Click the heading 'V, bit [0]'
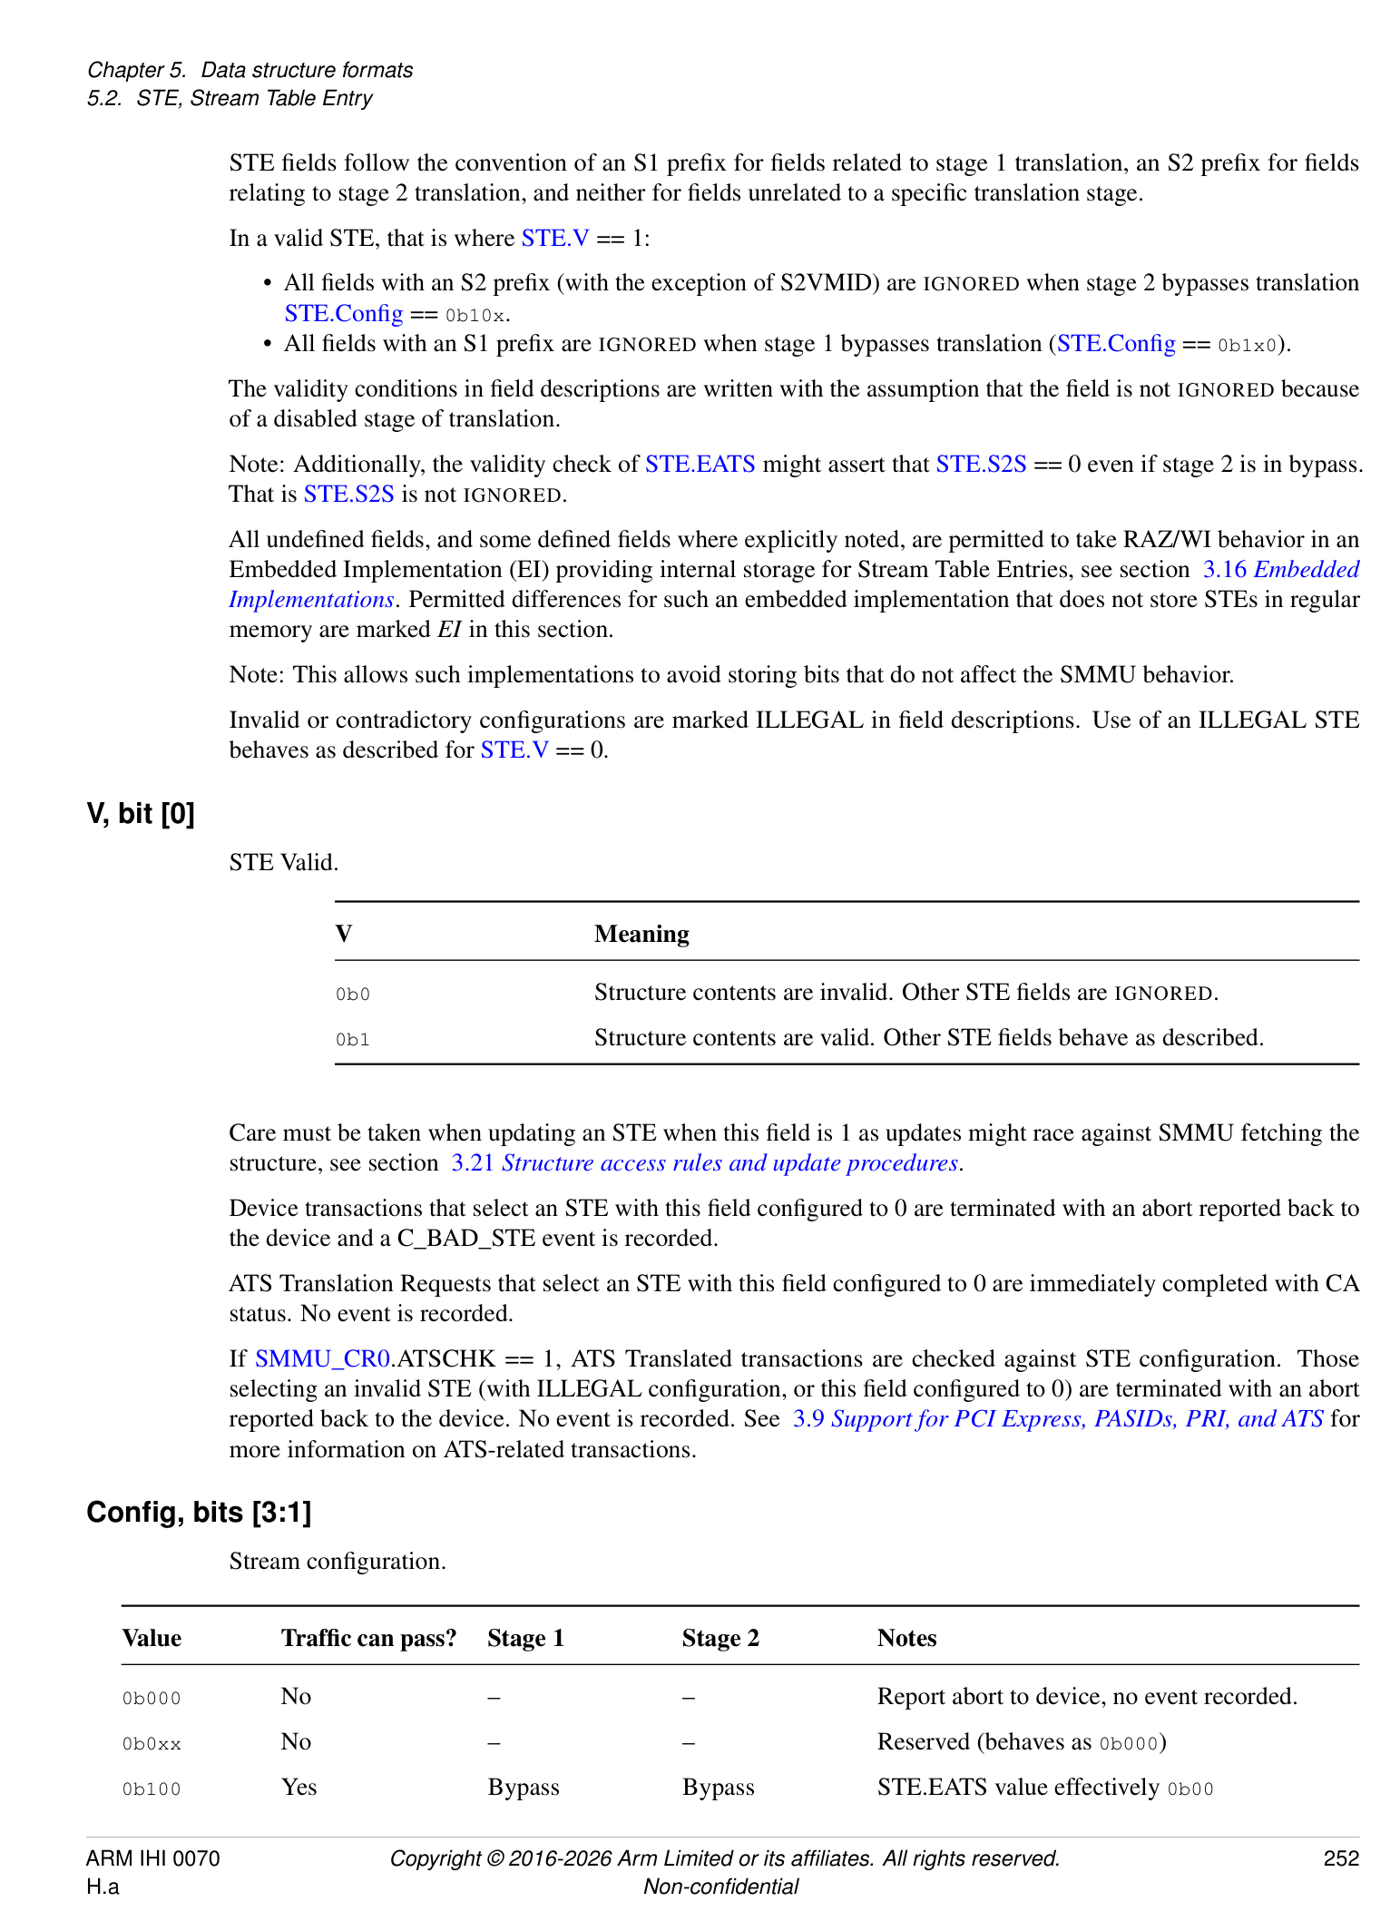[141, 813]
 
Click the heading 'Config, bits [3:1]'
[199, 1512]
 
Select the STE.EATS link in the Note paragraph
[700, 465]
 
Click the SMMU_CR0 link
[322, 1358]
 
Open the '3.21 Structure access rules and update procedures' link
[707, 1163]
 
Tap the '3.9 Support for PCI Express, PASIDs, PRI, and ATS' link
[1057, 1418]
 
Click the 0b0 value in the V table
[352, 994]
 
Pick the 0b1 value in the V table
[352, 1039]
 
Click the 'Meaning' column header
[641, 934]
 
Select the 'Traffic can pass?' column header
[368, 1638]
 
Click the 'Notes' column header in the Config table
[906, 1638]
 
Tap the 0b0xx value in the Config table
[152, 1743]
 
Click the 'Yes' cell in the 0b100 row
[299, 1787]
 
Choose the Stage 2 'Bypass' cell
[718, 1787]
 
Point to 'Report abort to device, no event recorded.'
[1087, 1696]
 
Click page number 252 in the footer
[1340, 1858]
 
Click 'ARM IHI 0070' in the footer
[152, 1858]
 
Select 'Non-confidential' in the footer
[720, 1887]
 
